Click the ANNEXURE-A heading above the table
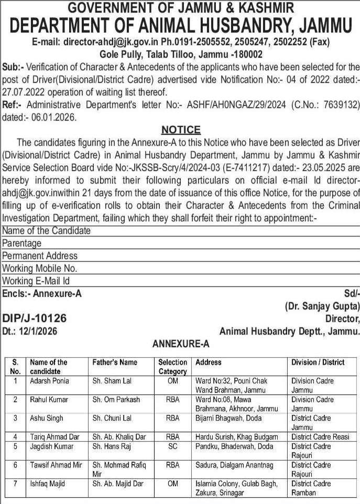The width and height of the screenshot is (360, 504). pyautogui.click(x=181, y=344)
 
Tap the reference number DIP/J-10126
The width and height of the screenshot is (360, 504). pyautogui.click(x=35, y=318)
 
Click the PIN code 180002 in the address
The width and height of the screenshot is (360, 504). pyautogui.click(x=244, y=55)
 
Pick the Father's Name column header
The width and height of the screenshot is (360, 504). pyautogui.click(x=115, y=362)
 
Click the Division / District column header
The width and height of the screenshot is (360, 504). pyautogui.click(x=318, y=362)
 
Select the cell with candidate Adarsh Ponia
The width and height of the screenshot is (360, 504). pyautogui.click(x=49, y=381)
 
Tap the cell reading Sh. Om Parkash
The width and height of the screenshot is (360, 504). pyautogui.click(x=116, y=400)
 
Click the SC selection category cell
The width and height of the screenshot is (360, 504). pyautogui.click(x=172, y=446)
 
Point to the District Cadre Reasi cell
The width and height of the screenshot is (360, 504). pyautogui.click(x=320, y=436)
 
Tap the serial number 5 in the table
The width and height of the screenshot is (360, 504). pyautogui.click(x=16, y=446)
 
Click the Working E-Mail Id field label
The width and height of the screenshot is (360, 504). pyautogui.click(x=36, y=281)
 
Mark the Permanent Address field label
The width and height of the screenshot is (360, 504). pyautogui.click(x=40, y=255)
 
